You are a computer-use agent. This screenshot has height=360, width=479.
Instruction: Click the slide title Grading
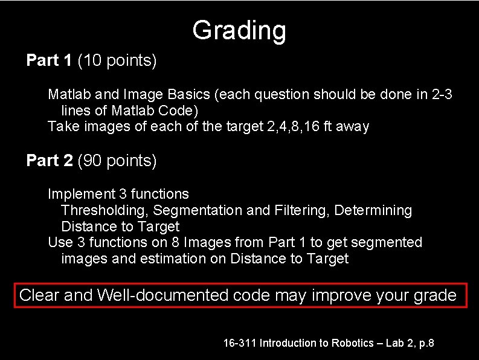239,30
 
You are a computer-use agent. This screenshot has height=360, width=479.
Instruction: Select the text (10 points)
117,60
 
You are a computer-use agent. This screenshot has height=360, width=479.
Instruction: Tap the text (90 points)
117,161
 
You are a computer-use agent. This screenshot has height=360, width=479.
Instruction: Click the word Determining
373,211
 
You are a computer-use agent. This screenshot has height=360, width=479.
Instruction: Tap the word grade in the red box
435,295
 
